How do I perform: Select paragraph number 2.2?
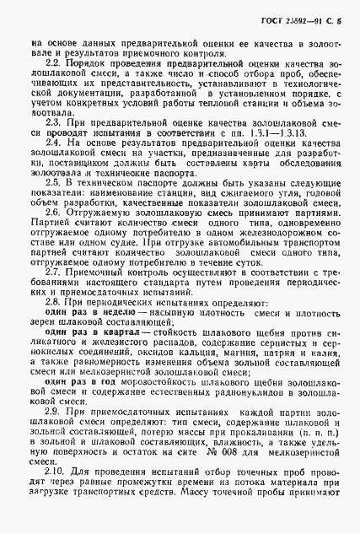tap(50, 63)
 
